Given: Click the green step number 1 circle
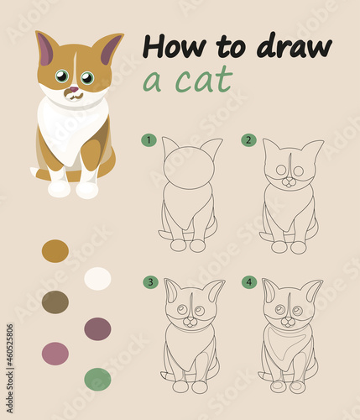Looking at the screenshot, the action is [149, 139].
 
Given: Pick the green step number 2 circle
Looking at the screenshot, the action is [248, 139].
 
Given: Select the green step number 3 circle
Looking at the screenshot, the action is [150, 282].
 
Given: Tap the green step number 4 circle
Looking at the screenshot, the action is [249, 282].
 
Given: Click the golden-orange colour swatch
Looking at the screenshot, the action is [55, 251].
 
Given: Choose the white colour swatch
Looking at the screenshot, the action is [97, 278].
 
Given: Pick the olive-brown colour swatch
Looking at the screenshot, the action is [55, 302].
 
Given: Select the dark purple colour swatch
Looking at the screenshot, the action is [97, 329].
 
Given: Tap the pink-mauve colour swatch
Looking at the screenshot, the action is [55, 354].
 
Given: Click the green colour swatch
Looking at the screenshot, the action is [97, 380].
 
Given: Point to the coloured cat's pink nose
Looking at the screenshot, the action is [74, 90].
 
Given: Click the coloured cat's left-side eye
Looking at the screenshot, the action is [62, 76].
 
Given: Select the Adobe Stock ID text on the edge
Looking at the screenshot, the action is [10, 369].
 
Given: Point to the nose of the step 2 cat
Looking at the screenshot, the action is [289, 181].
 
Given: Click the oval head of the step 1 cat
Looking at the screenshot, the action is [189, 168].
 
